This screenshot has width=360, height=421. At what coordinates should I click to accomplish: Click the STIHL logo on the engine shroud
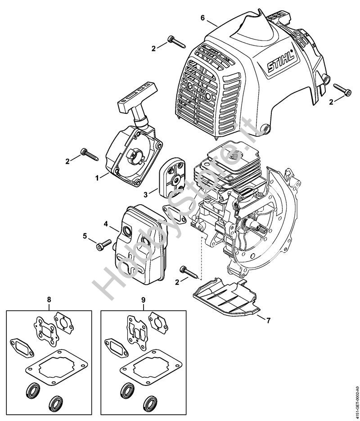[279, 63]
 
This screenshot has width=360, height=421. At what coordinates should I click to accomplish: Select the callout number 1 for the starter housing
[97, 178]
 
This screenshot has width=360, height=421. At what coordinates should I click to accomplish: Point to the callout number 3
[145, 195]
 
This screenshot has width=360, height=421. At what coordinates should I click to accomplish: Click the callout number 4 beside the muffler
[106, 224]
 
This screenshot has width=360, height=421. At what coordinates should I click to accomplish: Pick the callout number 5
[85, 236]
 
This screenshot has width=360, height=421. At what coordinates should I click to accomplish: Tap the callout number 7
[268, 320]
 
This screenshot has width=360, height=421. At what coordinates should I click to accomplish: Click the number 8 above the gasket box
[49, 300]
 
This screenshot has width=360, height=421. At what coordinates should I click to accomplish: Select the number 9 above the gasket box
[143, 300]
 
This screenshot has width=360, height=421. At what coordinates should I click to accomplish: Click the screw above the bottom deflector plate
[191, 273]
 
